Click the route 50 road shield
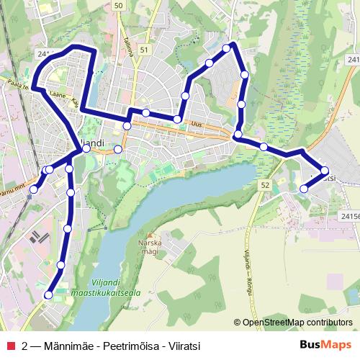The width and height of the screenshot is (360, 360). [119, 6]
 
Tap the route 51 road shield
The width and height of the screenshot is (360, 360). [144, 50]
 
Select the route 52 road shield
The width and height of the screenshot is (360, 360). [266, 186]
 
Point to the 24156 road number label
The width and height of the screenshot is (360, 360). [349, 215]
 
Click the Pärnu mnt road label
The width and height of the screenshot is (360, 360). [9, 192]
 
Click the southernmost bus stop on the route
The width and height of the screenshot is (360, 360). [49, 294]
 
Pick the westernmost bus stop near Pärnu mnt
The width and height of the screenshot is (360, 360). [33, 189]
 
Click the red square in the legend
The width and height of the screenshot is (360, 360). [10, 345]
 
